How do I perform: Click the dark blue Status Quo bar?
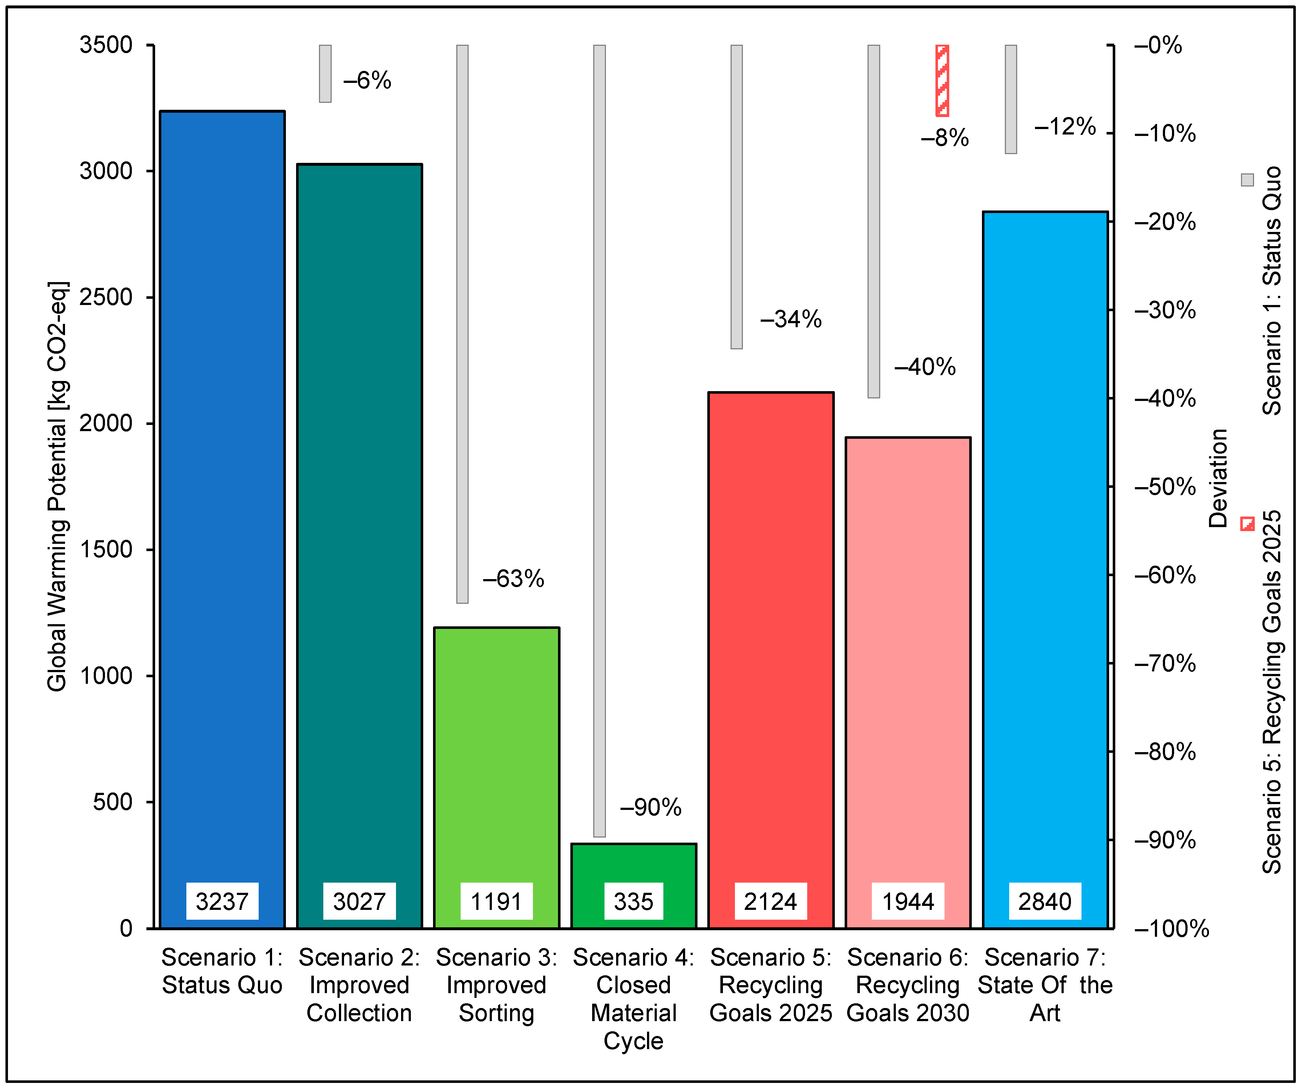click(x=222, y=496)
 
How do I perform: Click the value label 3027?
click(x=359, y=901)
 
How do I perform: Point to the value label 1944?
click(x=908, y=901)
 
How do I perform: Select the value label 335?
click(x=633, y=901)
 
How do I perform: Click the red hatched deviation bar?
click(x=942, y=81)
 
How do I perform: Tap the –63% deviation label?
click(x=513, y=579)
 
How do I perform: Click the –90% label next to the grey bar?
click(x=650, y=808)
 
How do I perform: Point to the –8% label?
click(x=944, y=138)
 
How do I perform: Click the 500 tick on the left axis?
click(x=112, y=802)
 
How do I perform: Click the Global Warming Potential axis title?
click(x=57, y=487)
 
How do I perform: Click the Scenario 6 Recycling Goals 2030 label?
click(x=908, y=985)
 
